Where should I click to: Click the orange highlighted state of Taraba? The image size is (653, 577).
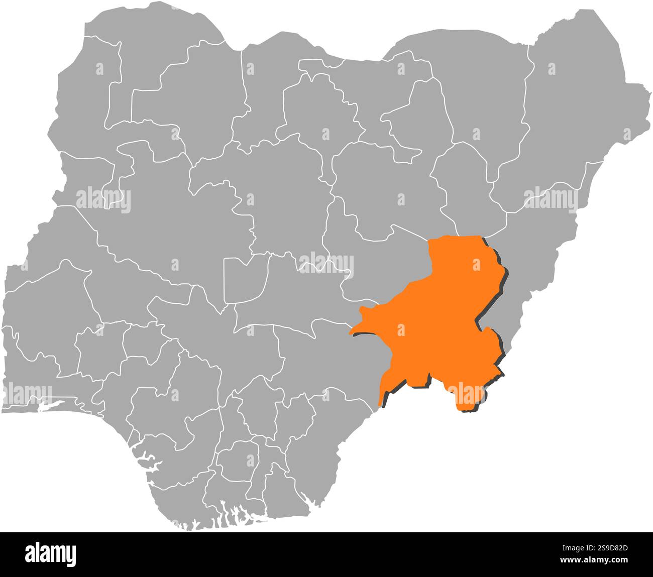(437, 321)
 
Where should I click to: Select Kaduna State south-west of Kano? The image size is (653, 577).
(281, 191)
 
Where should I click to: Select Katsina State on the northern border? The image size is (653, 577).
(261, 85)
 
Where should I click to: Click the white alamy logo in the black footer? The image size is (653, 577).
(51, 554)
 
